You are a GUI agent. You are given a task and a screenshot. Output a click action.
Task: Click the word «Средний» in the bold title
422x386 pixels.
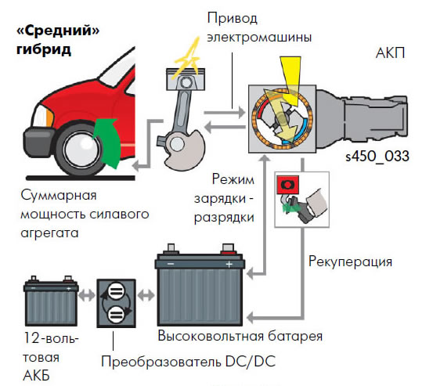click(x=58, y=31)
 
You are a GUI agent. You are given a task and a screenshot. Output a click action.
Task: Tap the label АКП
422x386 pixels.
click(x=390, y=53)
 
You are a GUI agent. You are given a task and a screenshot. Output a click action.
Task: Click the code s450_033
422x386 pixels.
click(x=377, y=156)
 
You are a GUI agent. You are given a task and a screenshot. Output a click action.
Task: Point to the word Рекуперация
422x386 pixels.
click(x=350, y=262)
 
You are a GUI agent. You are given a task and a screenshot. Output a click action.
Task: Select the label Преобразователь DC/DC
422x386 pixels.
click(x=189, y=361)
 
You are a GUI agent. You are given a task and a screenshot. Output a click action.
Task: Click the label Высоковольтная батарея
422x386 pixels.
click(x=240, y=336)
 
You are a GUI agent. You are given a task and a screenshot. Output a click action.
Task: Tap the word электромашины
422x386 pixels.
click(x=259, y=38)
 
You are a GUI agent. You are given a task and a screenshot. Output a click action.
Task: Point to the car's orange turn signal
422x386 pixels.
click(x=50, y=117)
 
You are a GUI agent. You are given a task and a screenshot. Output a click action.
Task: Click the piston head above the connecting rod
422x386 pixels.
click(x=186, y=79)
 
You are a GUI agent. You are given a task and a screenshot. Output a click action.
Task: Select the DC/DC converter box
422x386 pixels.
click(x=116, y=303)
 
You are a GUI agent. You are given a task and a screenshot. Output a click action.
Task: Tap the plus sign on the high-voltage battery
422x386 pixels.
click(x=229, y=265)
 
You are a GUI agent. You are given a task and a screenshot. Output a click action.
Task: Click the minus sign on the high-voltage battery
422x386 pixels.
click(x=171, y=264)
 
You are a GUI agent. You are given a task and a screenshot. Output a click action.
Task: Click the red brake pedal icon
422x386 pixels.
click(x=287, y=185)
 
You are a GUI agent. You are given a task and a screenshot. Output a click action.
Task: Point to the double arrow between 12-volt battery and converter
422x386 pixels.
click(x=87, y=295)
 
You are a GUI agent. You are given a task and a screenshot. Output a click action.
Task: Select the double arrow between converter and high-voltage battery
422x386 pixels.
click(x=146, y=295)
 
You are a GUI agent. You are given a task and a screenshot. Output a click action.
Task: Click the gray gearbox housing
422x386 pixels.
click(x=362, y=118)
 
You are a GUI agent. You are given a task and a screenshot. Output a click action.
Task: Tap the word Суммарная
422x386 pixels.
click(x=59, y=196)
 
